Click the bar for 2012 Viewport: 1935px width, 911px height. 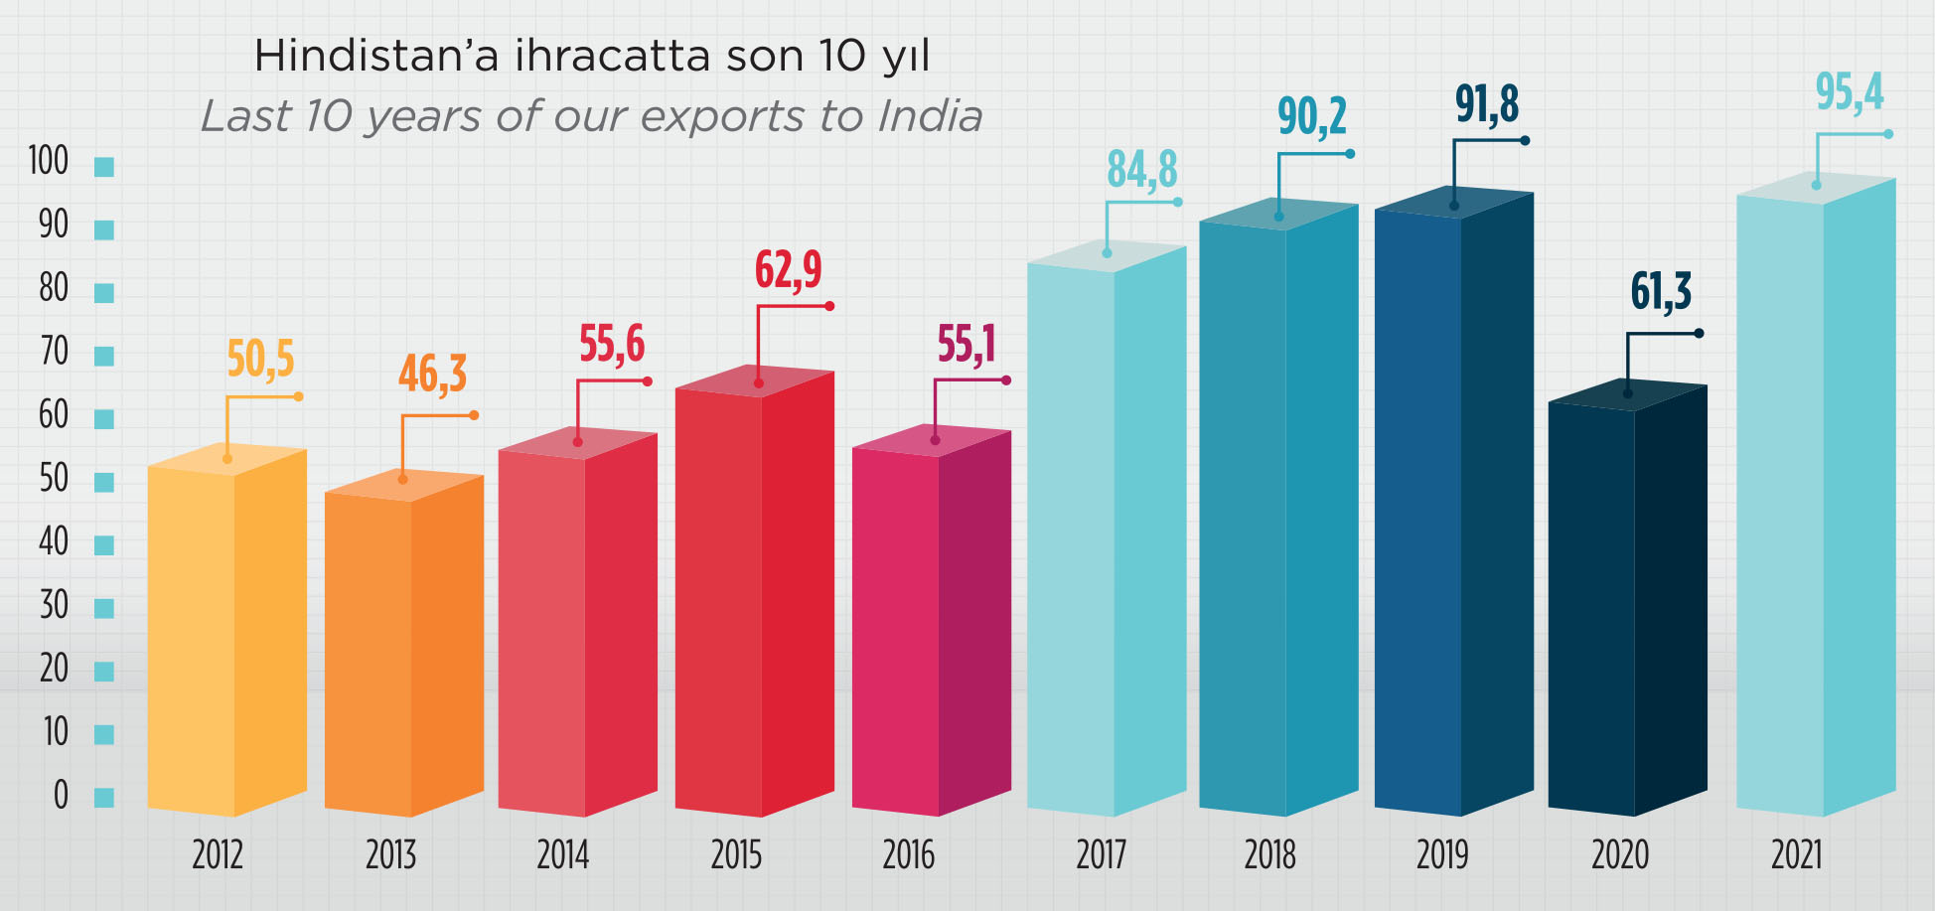coord(226,636)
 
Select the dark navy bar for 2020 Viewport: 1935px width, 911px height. coord(1626,606)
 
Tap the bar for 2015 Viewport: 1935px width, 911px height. coord(754,596)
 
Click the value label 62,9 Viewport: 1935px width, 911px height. coord(788,269)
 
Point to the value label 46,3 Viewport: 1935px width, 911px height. coord(432,375)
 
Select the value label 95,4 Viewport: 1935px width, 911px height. coord(1849,92)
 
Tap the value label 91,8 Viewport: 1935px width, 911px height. coord(1487,104)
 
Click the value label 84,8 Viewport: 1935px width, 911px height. coord(1141,169)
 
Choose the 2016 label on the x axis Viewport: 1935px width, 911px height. coord(908,855)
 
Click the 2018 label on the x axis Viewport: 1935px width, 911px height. coord(1269,855)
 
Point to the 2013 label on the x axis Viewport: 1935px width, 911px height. coord(390,855)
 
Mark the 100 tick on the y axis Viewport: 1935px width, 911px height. coord(48,161)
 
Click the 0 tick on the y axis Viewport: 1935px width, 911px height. coord(61,795)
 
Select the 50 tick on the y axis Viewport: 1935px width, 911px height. coord(54,479)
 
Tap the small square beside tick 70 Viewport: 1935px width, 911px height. coord(104,356)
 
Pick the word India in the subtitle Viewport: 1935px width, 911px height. coord(930,116)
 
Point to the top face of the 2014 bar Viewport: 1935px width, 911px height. coord(578,443)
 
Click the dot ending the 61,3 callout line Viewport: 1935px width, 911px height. coord(1699,333)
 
